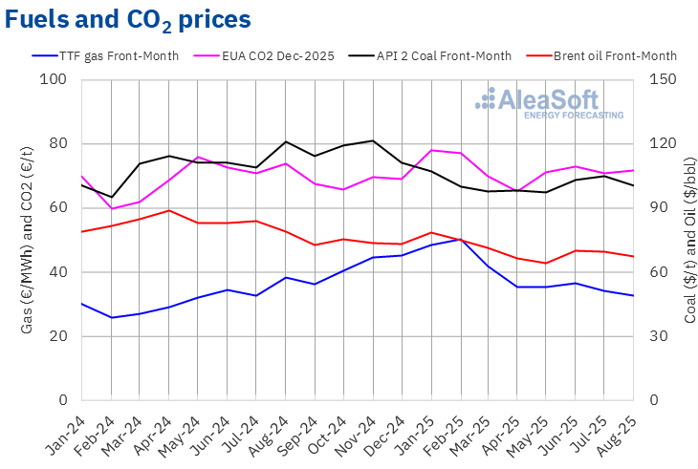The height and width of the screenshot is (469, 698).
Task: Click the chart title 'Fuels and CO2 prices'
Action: [128, 19]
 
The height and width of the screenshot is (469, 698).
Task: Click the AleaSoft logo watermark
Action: [550, 102]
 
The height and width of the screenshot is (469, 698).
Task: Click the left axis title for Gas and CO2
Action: [27, 240]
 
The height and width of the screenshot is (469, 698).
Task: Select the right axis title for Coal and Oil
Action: [689, 240]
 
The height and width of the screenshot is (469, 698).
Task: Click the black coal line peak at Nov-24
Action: [373, 140]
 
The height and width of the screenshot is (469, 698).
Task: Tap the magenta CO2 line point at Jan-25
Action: [431, 150]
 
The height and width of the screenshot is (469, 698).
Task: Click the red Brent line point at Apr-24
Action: [169, 210]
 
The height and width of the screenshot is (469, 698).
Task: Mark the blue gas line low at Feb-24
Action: [112, 317]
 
